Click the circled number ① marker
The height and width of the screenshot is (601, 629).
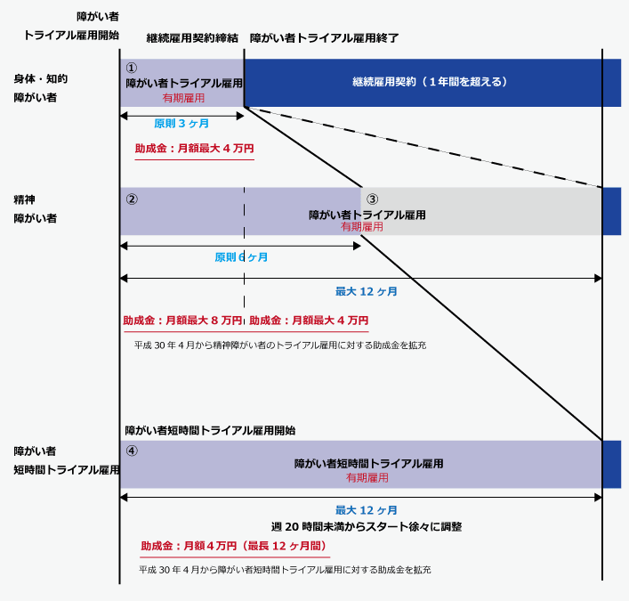tap(132, 68)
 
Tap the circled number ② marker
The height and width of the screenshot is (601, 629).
tap(132, 199)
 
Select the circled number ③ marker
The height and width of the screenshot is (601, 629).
tap(373, 199)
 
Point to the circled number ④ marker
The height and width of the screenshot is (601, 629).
tap(132, 451)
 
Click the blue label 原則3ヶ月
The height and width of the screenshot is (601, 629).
tap(181, 124)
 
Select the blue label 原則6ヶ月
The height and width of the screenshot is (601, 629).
tap(241, 257)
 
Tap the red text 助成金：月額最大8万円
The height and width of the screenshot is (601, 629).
tap(182, 321)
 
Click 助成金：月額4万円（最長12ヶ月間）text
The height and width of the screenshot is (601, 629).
tap(234, 546)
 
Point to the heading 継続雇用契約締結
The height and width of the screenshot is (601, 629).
tap(193, 38)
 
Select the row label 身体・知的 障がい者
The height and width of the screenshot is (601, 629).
tap(40, 88)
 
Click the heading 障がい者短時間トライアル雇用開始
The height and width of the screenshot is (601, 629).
tap(210, 430)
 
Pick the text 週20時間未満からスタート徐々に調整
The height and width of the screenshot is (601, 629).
tap(367, 526)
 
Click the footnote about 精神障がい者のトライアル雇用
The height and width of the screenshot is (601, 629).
tap(279, 345)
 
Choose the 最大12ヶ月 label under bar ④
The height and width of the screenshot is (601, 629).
tap(366, 510)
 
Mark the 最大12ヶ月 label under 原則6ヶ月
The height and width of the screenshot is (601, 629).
tap(366, 291)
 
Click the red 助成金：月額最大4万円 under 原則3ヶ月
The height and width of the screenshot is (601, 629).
tap(194, 149)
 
